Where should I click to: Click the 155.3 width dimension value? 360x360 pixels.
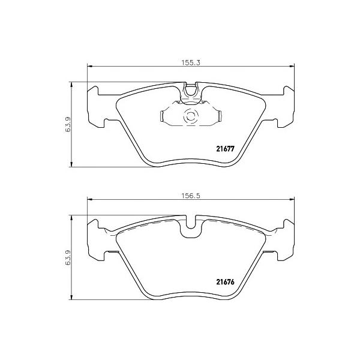click(191, 62)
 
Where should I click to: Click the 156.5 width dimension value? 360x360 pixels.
click(191, 196)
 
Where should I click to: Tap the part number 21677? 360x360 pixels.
click(225, 149)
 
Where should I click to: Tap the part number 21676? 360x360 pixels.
click(225, 282)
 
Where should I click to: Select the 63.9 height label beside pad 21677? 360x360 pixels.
click(68, 124)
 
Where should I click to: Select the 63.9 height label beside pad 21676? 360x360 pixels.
click(68, 257)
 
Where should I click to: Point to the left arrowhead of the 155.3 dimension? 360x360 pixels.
click(89, 67)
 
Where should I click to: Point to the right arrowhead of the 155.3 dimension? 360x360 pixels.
click(292, 67)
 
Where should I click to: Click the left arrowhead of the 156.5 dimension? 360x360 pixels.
click(89, 200)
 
